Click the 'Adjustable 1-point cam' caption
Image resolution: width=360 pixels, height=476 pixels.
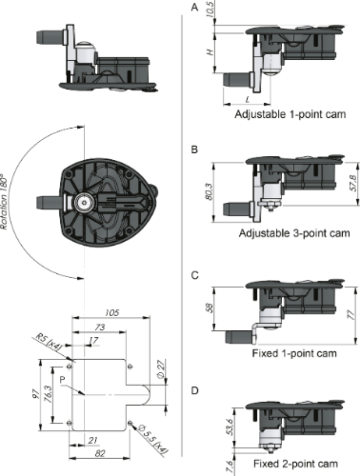point(290,114)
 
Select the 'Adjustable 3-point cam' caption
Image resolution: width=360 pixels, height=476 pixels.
point(294,233)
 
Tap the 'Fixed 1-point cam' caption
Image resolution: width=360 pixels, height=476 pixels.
point(294,353)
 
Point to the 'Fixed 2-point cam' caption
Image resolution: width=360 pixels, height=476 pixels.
point(295,464)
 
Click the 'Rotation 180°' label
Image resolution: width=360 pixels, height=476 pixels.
point(4,202)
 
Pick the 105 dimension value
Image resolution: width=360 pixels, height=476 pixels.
point(112,313)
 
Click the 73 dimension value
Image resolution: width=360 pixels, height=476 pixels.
point(100,327)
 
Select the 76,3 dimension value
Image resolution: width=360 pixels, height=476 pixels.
point(48,394)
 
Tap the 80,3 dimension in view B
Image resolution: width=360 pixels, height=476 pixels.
point(209,191)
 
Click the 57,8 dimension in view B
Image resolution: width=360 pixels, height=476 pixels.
point(353,183)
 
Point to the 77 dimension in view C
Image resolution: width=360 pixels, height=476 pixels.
point(352,315)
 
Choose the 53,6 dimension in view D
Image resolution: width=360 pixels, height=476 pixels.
point(230,427)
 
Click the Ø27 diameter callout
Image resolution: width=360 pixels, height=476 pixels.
point(161,369)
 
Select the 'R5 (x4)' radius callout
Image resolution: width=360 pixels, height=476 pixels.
point(48,342)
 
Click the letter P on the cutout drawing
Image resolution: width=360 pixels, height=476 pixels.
point(62,380)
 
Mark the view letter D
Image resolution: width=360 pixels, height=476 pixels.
point(195,391)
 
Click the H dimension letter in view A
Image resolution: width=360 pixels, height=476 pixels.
point(209,52)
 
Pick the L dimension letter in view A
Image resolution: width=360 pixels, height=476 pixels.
point(247,99)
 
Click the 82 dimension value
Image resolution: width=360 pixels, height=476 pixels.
point(100,454)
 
